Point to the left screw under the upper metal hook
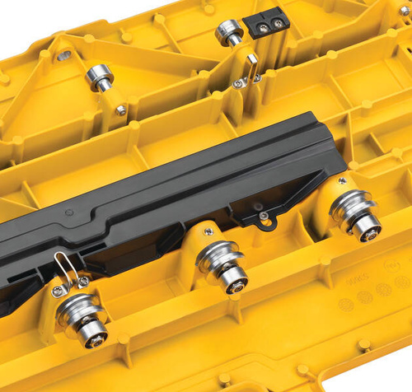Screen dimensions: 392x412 point(238,82)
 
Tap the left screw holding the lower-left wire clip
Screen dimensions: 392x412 point(57,290)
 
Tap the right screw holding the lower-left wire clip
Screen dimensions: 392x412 point(83,282)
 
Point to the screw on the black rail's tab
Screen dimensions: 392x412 point(263,217)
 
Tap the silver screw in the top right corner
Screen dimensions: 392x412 point(404,10)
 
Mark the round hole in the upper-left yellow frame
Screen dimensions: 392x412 point(64,56)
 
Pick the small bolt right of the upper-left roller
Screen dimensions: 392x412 point(121,109)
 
